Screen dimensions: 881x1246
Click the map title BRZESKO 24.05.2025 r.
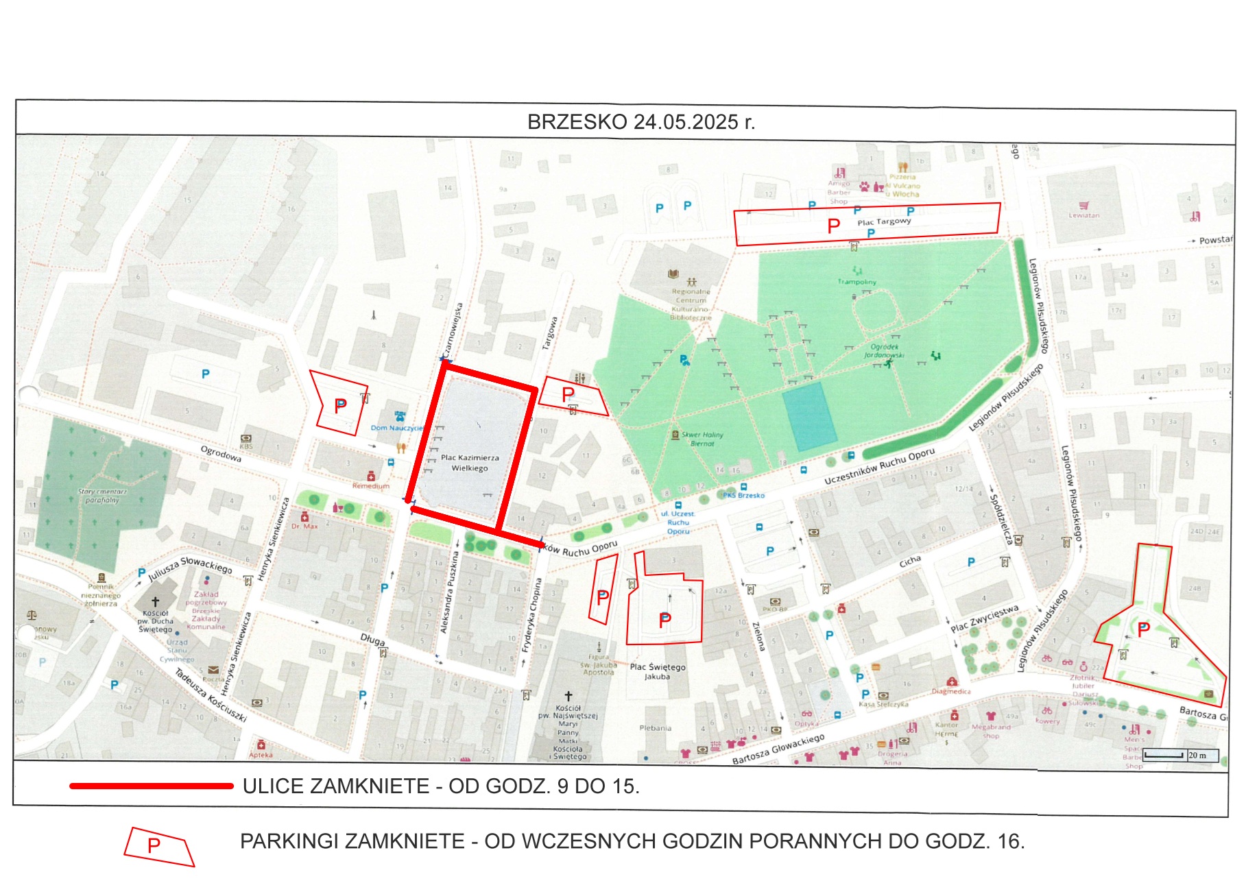point(640,122)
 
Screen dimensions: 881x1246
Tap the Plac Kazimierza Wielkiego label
point(470,463)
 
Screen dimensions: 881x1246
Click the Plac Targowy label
point(884,221)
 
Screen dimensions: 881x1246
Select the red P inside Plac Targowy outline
point(833,226)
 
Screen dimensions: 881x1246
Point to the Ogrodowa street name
point(221,453)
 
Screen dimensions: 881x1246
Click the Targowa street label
point(549,333)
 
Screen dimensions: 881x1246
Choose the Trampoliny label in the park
point(856,282)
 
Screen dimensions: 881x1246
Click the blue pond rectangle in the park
point(810,416)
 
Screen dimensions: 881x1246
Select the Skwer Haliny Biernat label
point(702,439)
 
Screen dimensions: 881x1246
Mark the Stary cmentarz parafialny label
point(102,496)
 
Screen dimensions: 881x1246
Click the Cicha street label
point(910,562)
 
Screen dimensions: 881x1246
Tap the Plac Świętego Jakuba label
point(657,671)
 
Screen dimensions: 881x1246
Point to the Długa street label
point(372,639)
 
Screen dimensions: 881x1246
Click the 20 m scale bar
point(1179,756)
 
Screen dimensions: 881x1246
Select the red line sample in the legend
point(152,786)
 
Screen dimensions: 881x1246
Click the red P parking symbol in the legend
point(155,845)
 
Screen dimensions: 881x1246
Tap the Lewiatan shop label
point(1083,215)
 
